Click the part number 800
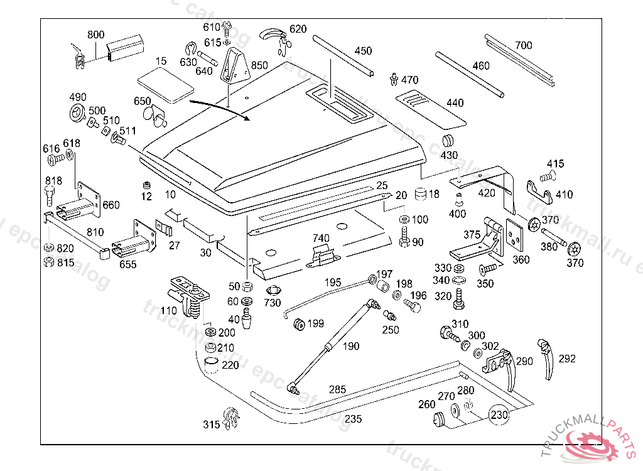[96, 35]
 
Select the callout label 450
[363, 51]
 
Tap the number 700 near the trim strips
[523, 45]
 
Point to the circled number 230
[499, 415]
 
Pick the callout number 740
[321, 238]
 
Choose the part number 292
[566, 359]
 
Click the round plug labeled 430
[449, 140]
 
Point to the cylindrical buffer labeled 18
[419, 193]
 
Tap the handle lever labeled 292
[546, 358]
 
